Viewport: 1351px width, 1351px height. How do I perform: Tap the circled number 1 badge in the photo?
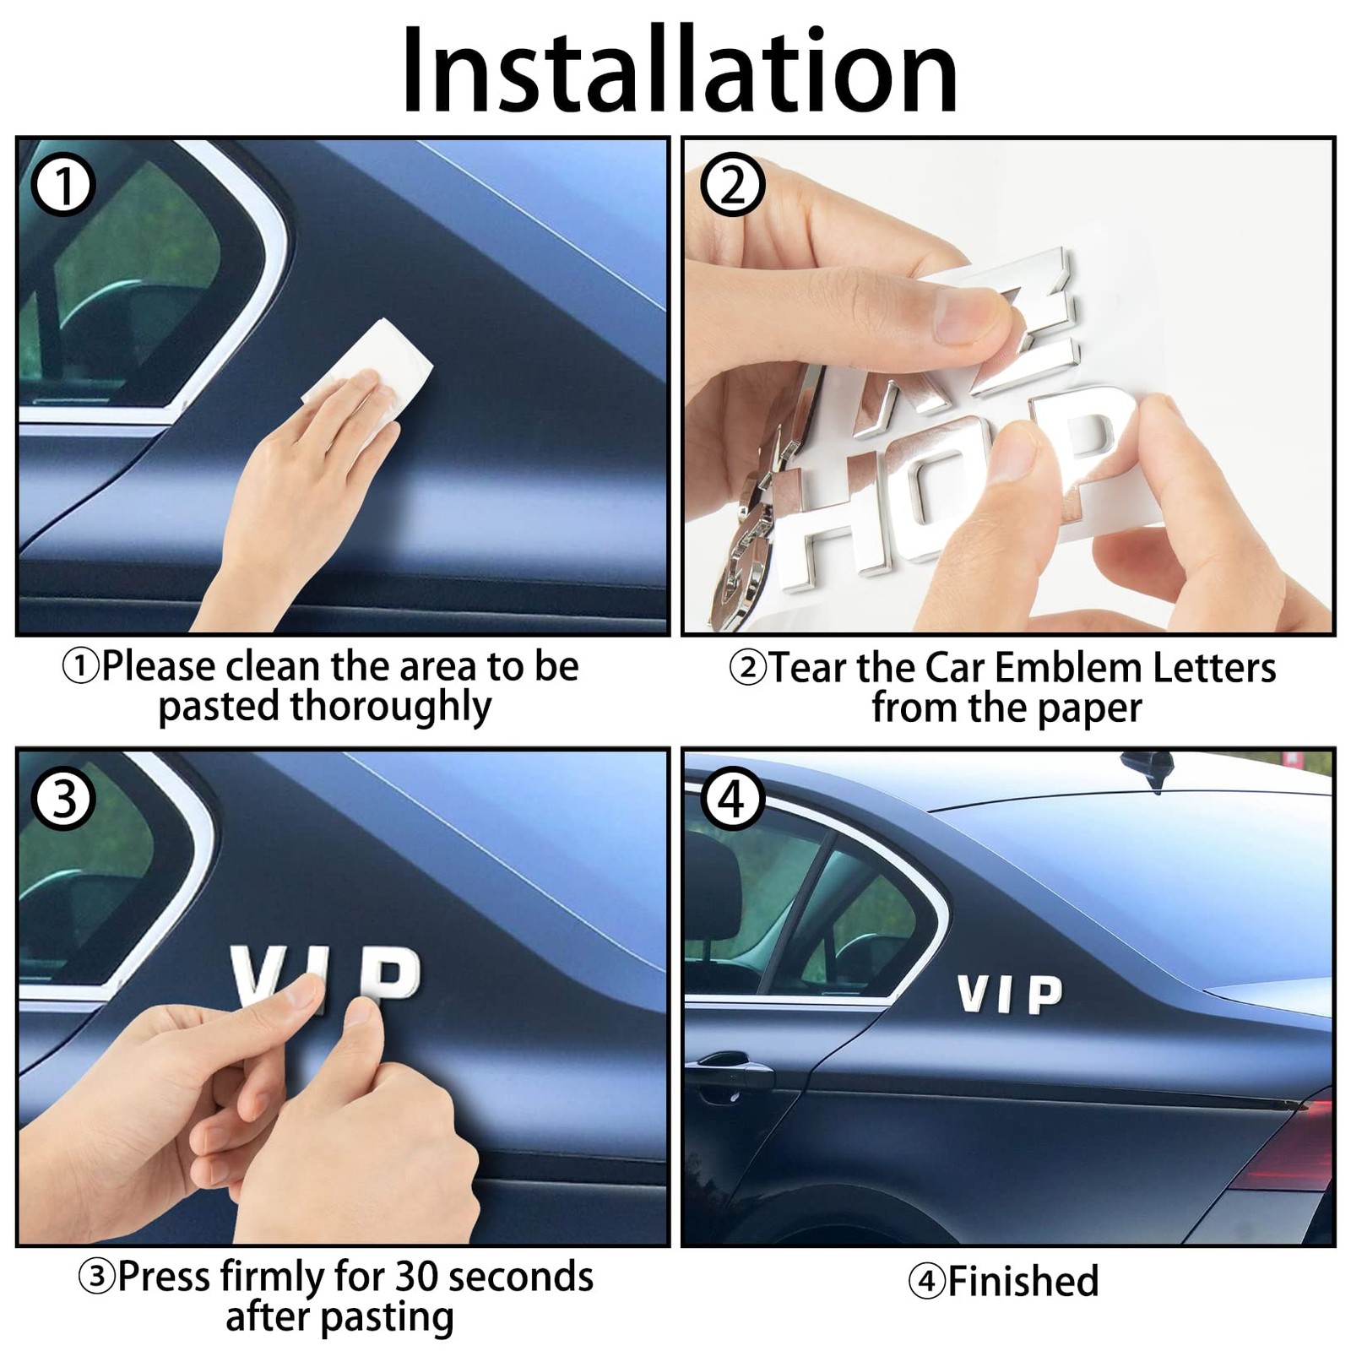tap(63, 186)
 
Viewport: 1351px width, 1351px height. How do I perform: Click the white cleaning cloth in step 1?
tap(368, 372)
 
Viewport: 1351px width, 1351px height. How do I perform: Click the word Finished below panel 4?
tap(1023, 1281)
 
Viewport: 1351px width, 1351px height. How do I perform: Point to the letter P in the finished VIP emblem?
tap(1044, 996)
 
